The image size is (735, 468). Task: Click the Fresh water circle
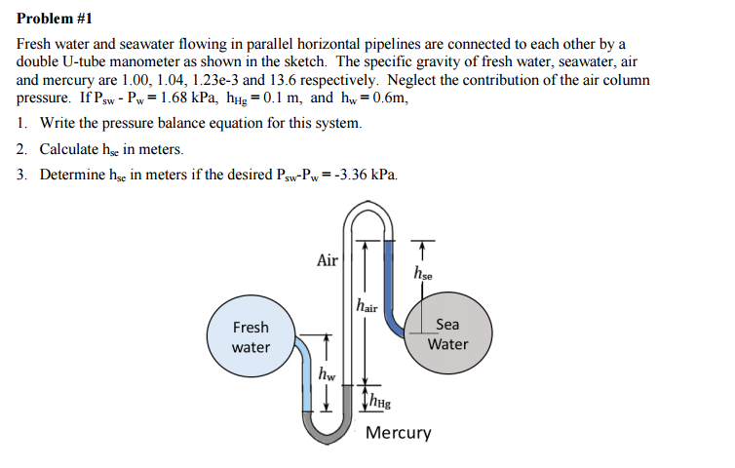coord(251,336)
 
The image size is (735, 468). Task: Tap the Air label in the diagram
coord(328,260)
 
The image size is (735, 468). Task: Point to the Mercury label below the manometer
coord(398,432)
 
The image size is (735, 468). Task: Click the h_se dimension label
coord(424,273)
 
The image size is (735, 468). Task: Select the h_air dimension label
coord(367,306)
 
